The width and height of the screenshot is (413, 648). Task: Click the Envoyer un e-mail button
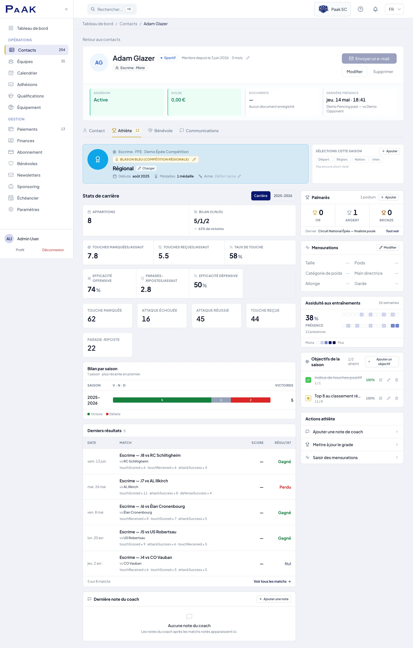(369, 58)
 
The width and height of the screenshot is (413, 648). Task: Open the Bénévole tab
(160, 131)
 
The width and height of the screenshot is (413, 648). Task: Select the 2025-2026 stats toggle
(283, 196)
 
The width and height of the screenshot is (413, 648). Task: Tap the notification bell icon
(375, 9)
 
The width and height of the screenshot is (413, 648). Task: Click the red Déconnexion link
(53, 250)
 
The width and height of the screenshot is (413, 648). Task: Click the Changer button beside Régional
(146, 168)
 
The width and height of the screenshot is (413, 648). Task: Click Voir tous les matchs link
(272, 581)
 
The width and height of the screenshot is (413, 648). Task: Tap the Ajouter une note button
(274, 599)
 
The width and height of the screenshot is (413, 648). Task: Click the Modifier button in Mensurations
(387, 247)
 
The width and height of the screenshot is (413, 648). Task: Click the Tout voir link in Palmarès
(392, 231)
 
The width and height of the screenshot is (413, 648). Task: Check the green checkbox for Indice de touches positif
(308, 380)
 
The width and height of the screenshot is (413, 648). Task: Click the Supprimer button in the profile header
(383, 72)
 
